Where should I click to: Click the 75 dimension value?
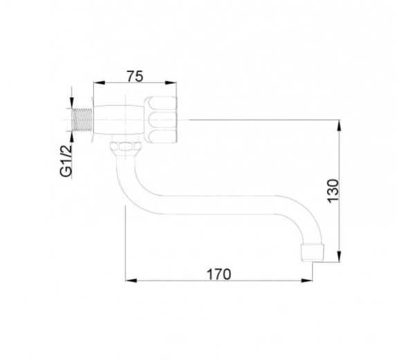pyautogui.click(x=135, y=76)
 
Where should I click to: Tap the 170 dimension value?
pyautogui.click(x=219, y=274)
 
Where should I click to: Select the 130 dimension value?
pyautogui.click(x=333, y=191)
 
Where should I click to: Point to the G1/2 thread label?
pyautogui.click(x=66, y=161)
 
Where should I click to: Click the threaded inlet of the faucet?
pyautogui.click(x=82, y=120)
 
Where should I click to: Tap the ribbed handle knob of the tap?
pyautogui.click(x=160, y=120)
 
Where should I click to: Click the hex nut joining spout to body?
pyautogui.click(x=125, y=147)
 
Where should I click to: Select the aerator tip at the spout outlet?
pyautogui.click(x=313, y=253)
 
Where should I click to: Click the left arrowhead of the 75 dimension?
pyautogui.click(x=99, y=83)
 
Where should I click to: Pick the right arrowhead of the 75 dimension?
pyautogui.click(x=171, y=83)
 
